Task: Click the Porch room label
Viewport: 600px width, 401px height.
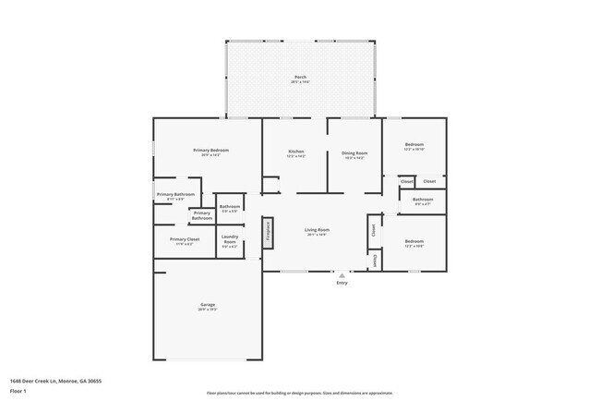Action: point(300,77)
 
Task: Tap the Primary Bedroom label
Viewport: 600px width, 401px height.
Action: point(210,150)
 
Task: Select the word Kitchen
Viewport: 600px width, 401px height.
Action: point(296,151)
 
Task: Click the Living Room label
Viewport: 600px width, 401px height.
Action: point(318,229)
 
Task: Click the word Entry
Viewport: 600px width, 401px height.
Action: point(342,284)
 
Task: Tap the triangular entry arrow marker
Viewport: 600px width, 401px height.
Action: point(342,274)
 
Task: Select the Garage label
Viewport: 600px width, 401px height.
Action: point(208,304)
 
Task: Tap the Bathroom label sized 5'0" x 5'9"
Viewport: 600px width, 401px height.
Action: point(230,206)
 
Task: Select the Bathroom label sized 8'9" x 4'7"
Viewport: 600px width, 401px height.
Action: point(423,199)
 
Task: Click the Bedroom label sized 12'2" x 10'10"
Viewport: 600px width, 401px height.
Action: point(414,144)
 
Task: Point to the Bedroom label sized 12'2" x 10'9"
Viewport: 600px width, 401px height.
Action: point(414,241)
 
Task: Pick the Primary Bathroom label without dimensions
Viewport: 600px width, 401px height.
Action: point(201,215)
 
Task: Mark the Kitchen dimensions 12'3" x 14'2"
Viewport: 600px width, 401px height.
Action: point(296,156)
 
